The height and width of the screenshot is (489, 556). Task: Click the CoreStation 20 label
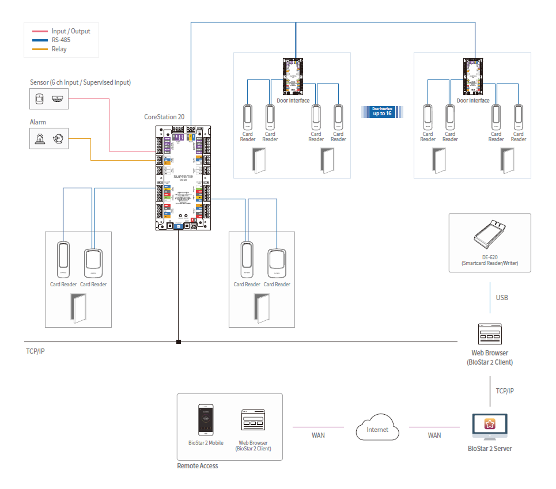164,116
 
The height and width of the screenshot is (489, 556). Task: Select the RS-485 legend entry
60,40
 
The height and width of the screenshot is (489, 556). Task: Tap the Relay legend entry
59,50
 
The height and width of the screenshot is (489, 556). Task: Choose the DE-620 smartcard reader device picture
490,236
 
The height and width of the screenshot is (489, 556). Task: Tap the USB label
502,298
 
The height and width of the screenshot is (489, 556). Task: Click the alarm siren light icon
40,139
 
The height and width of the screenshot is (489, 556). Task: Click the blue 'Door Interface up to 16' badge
381,111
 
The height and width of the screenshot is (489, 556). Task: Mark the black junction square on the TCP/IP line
179,342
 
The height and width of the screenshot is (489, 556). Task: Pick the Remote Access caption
197,465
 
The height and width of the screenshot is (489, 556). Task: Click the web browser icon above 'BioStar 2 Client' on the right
490,334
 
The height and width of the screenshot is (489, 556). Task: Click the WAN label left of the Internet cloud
318,435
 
